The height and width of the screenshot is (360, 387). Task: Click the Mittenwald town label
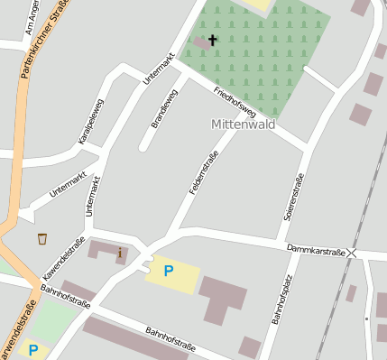coord(242,125)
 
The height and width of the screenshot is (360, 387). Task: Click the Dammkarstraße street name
coord(316,250)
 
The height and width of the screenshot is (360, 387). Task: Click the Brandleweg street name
coord(165,109)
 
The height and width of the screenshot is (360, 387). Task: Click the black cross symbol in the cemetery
coord(213,40)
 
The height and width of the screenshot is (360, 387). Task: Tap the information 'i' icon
coord(120,253)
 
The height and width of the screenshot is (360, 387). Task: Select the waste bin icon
coord(42,238)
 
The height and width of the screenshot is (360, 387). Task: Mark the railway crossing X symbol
coord(352,254)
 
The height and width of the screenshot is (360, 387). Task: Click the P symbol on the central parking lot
coord(167,270)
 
